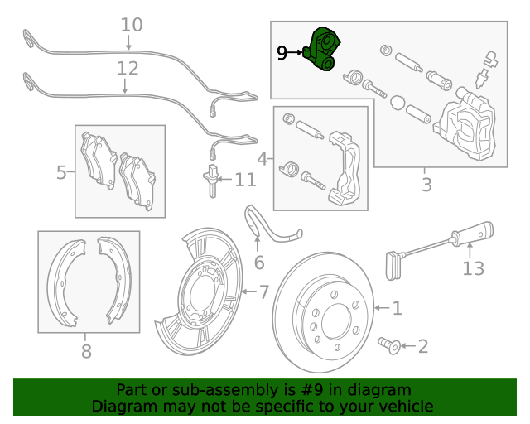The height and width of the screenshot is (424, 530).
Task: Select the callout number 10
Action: click(x=131, y=25)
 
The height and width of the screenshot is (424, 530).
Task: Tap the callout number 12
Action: click(x=127, y=68)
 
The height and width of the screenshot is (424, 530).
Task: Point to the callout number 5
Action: click(x=61, y=172)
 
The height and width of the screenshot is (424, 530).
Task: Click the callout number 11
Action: click(x=245, y=180)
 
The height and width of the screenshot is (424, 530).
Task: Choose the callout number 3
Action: click(x=426, y=185)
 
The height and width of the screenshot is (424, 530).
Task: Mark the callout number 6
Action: click(x=258, y=263)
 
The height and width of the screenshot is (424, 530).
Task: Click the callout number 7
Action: click(x=264, y=291)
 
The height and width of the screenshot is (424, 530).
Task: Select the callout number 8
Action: click(x=86, y=352)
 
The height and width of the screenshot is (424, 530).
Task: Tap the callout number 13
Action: click(x=472, y=267)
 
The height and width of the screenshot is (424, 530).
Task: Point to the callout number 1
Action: click(x=397, y=308)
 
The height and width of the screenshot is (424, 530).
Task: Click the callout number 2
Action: click(x=423, y=345)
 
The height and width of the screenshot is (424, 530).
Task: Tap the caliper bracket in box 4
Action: click(x=343, y=166)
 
